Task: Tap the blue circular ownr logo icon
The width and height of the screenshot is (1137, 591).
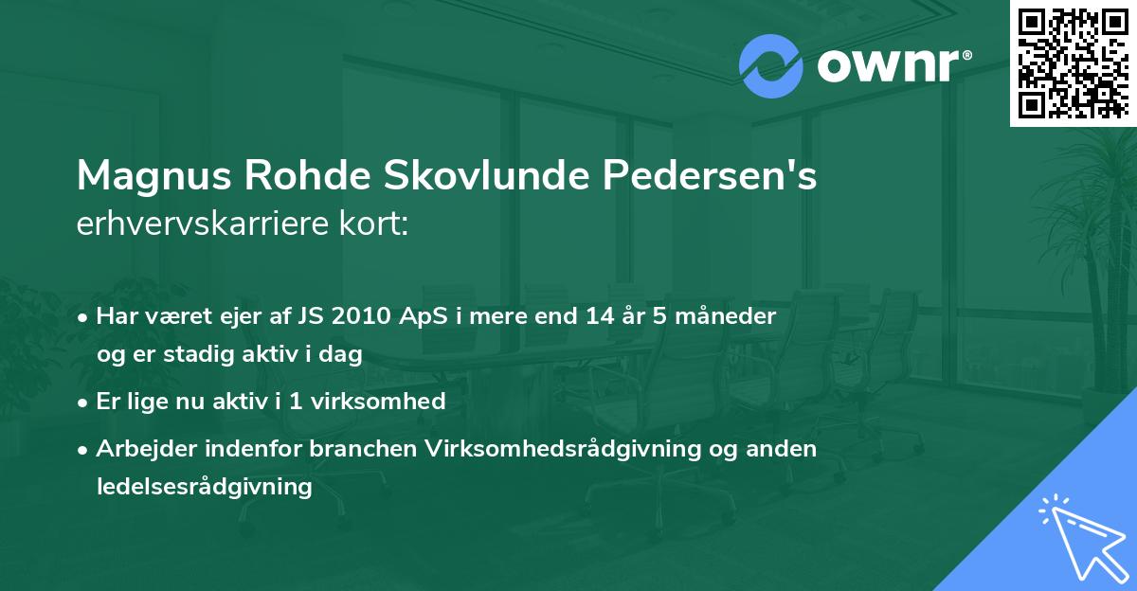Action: [x=770, y=66]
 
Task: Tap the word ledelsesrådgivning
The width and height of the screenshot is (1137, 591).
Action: [x=204, y=487]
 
